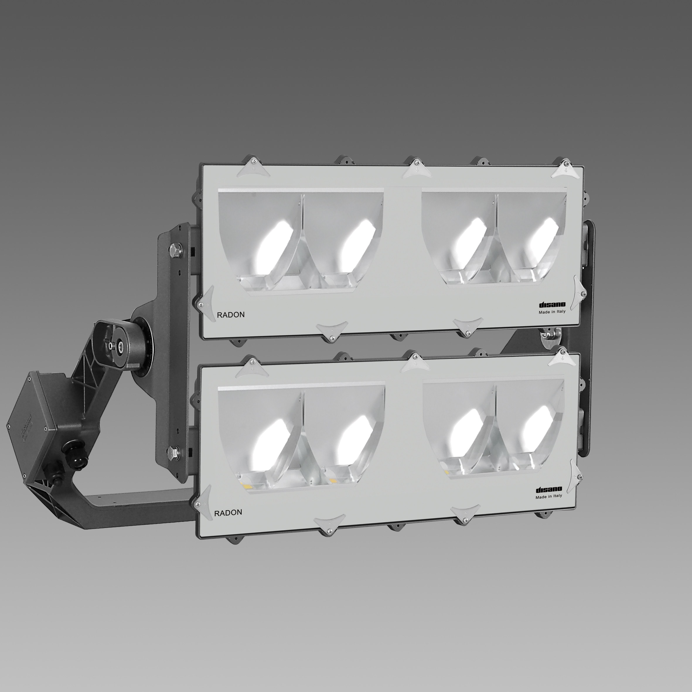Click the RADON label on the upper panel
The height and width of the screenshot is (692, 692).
click(x=231, y=315)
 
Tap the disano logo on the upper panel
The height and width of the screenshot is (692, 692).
click(x=552, y=304)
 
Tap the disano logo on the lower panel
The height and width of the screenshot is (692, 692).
click(x=549, y=490)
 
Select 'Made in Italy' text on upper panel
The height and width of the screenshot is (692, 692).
click(x=552, y=312)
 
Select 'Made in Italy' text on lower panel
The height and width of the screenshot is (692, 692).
click(x=549, y=496)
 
